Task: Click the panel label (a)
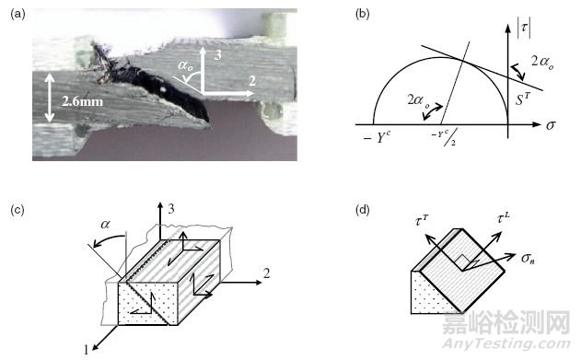pyautogui.click(x=18, y=14)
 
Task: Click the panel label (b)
pyautogui.click(x=362, y=14)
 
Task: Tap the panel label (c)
pyautogui.click(x=17, y=210)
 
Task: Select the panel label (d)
pyautogui.click(x=362, y=210)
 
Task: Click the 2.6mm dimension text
pyautogui.click(x=82, y=101)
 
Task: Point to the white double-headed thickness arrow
pyautogui.click(x=50, y=98)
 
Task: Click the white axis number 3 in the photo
pyautogui.click(x=217, y=55)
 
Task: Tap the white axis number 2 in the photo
pyautogui.click(x=252, y=81)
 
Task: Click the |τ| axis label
pyautogui.click(x=524, y=29)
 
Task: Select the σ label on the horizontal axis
pyautogui.click(x=551, y=125)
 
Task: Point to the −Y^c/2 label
pyautogui.click(x=444, y=137)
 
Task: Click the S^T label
pyautogui.click(x=523, y=99)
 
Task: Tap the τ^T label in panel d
pyautogui.click(x=421, y=221)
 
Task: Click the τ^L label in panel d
pyautogui.click(x=503, y=218)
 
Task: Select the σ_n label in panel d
pyautogui.click(x=528, y=258)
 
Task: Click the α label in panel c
pyautogui.click(x=105, y=224)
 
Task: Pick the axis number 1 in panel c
pyautogui.click(x=86, y=350)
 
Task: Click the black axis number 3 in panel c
pyautogui.click(x=171, y=209)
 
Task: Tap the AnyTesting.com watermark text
pyautogui.click(x=506, y=343)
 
